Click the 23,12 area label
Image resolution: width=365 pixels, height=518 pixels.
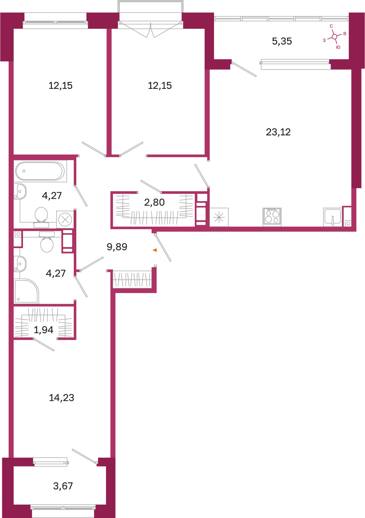(x=278, y=132)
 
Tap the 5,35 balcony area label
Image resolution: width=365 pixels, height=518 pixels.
(x=282, y=41)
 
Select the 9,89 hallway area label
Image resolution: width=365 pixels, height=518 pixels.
(x=117, y=247)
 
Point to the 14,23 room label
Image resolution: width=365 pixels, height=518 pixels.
(x=61, y=398)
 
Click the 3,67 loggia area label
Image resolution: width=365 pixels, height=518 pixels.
(x=63, y=486)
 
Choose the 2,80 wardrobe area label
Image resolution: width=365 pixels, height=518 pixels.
(x=154, y=202)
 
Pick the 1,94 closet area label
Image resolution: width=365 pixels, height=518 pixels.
(x=43, y=330)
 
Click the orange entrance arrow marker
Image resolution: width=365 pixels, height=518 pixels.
(x=155, y=250)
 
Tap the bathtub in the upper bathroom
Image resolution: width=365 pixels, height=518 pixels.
(x=40, y=171)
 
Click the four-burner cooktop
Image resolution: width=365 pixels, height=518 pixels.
(x=272, y=217)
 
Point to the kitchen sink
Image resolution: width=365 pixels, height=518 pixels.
(x=333, y=217)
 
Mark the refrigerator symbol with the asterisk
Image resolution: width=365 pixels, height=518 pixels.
(x=219, y=217)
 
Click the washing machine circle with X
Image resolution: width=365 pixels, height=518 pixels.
(x=65, y=219)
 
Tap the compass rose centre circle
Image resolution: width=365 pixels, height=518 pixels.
(x=335, y=36)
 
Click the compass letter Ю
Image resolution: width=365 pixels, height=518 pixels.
(x=338, y=47)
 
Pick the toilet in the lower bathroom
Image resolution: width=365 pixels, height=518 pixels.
(x=47, y=242)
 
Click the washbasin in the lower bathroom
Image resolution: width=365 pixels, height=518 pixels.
(x=20, y=263)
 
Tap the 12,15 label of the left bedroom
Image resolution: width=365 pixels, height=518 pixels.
(x=61, y=86)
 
